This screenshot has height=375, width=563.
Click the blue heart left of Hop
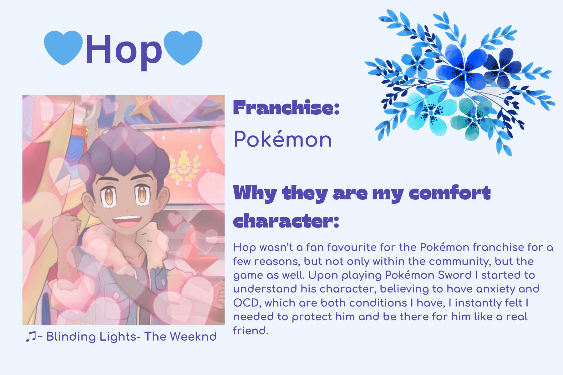pyautogui.click(x=63, y=47)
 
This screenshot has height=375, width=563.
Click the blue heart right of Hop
pyautogui.click(x=183, y=47)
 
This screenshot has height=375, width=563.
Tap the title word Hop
pyautogui.click(x=124, y=50)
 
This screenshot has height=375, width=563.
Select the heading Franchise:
pyautogui.click(x=286, y=108)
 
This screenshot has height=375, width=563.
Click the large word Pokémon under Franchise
pyautogui.click(x=283, y=139)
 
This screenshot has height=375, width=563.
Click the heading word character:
pyautogui.click(x=286, y=221)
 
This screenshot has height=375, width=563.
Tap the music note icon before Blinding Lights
pyautogui.click(x=31, y=337)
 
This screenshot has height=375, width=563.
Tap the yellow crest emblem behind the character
pyautogui.click(x=184, y=166)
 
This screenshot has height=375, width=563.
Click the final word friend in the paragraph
pyautogui.click(x=251, y=330)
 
